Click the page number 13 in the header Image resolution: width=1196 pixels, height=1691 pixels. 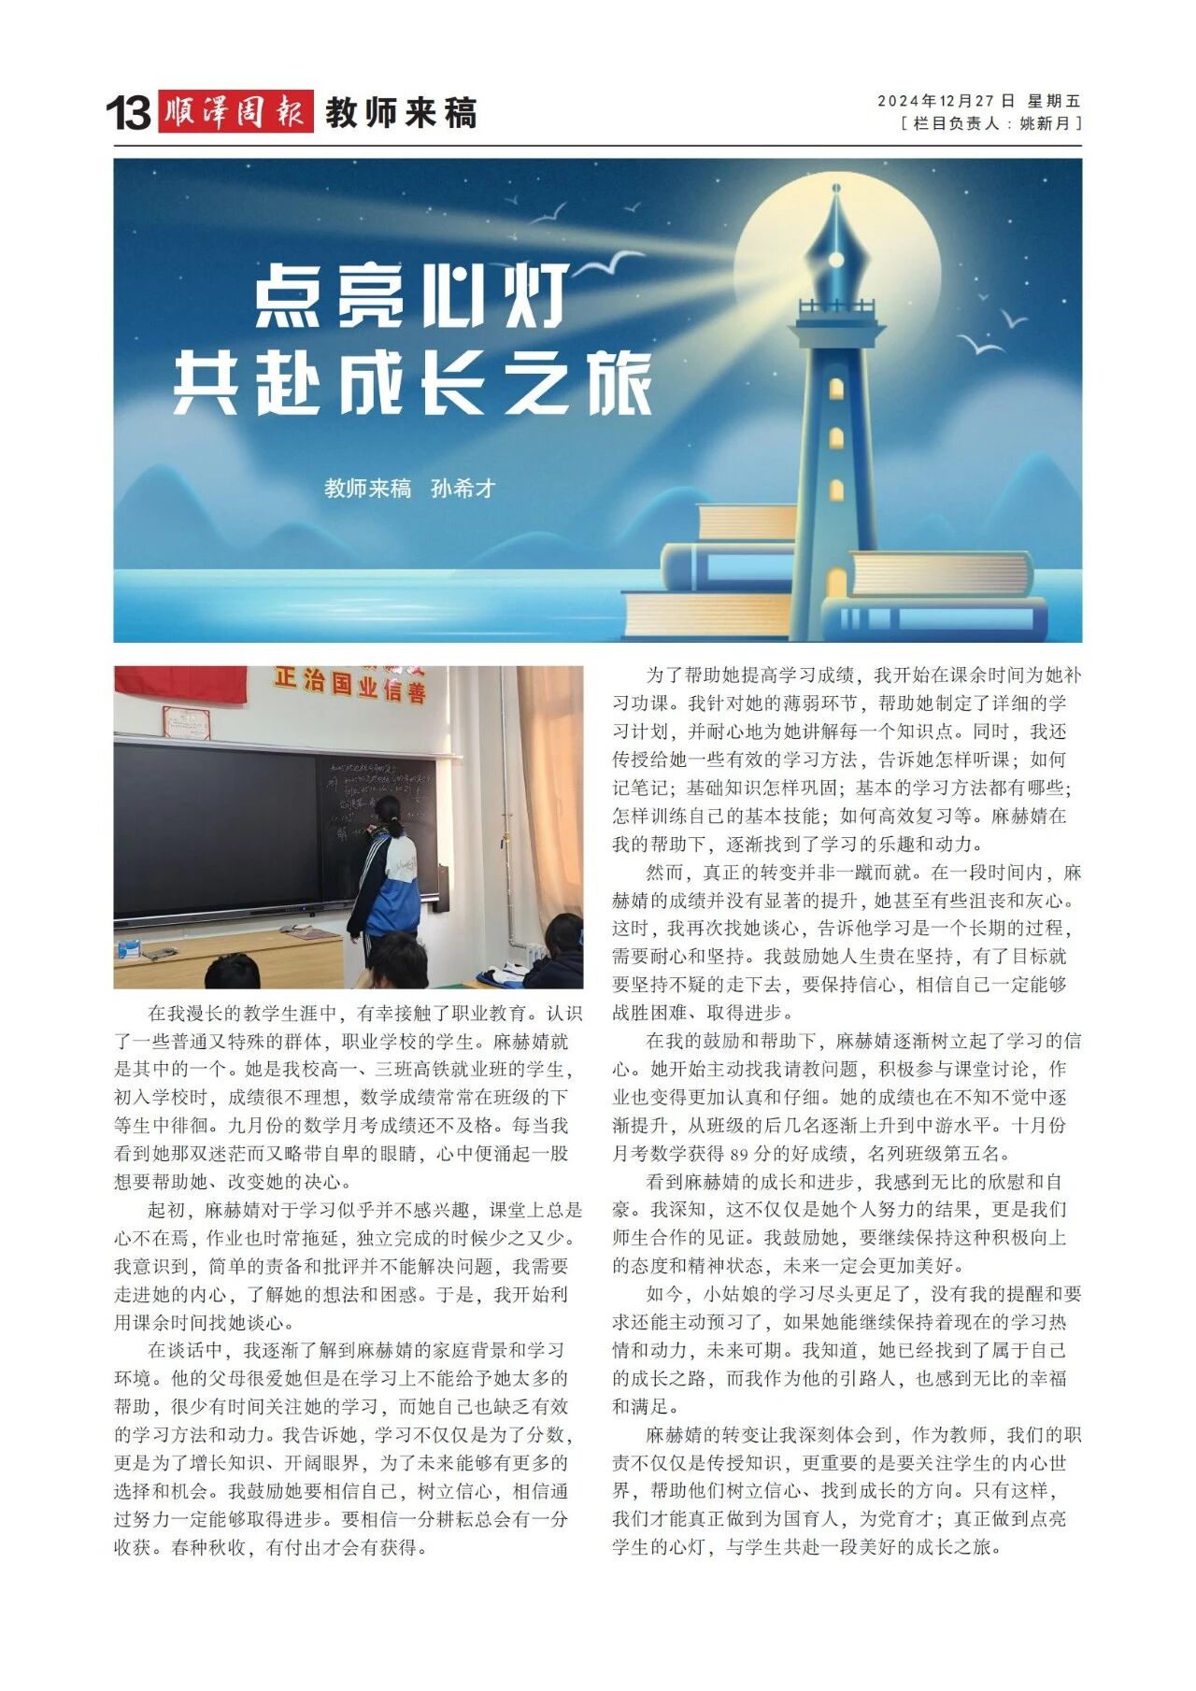(x=128, y=113)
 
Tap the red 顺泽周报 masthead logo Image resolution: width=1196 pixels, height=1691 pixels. (x=235, y=112)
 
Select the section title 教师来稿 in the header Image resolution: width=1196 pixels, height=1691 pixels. (x=401, y=113)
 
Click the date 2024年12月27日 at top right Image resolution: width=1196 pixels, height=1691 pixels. (x=946, y=101)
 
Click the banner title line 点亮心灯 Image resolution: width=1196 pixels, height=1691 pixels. (x=411, y=296)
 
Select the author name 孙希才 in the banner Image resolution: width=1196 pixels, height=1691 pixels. (x=463, y=489)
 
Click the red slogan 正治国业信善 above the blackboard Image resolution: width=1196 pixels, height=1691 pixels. (x=349, y=684)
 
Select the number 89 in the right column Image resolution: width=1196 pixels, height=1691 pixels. (x=739, y=1154)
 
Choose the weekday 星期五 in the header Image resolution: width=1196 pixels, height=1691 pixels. (x=1054, y=101)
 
